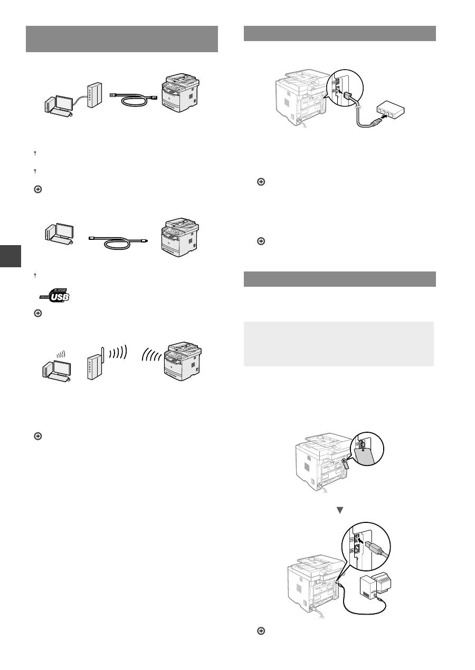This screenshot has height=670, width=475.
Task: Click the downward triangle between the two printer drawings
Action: point(340,510)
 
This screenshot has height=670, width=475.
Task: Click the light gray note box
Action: point(338,344)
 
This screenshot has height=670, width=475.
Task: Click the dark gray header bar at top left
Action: point(122,38)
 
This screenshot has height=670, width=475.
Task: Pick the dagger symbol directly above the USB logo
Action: point(35,275)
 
